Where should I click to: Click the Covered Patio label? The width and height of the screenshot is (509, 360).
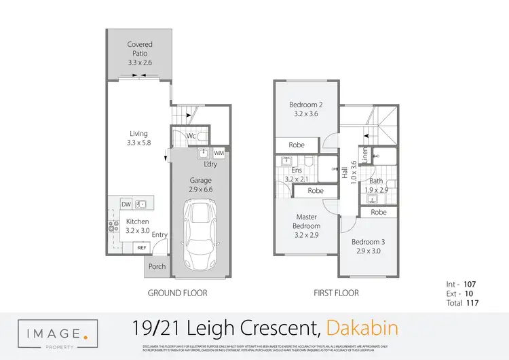coord(140,53)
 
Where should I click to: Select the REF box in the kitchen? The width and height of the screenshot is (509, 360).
coord(142,248)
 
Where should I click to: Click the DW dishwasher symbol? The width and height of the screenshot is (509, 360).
coord(126,204)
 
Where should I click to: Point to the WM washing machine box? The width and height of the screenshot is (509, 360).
coord(219,154)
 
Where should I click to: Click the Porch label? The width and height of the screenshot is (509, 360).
coord(157,266)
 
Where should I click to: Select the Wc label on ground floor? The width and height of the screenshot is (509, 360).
coord(192,137)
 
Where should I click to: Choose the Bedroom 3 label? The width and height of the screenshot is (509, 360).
coord(367,247)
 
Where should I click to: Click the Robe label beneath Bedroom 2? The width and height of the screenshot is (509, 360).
coord(297,145)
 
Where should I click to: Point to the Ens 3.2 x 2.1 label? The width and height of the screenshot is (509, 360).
coord(296,175)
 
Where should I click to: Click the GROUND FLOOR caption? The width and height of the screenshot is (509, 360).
coord(177,293)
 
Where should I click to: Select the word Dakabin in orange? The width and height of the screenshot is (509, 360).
coord(362,329)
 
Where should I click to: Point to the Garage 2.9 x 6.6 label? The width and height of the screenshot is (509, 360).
coord(202,185)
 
